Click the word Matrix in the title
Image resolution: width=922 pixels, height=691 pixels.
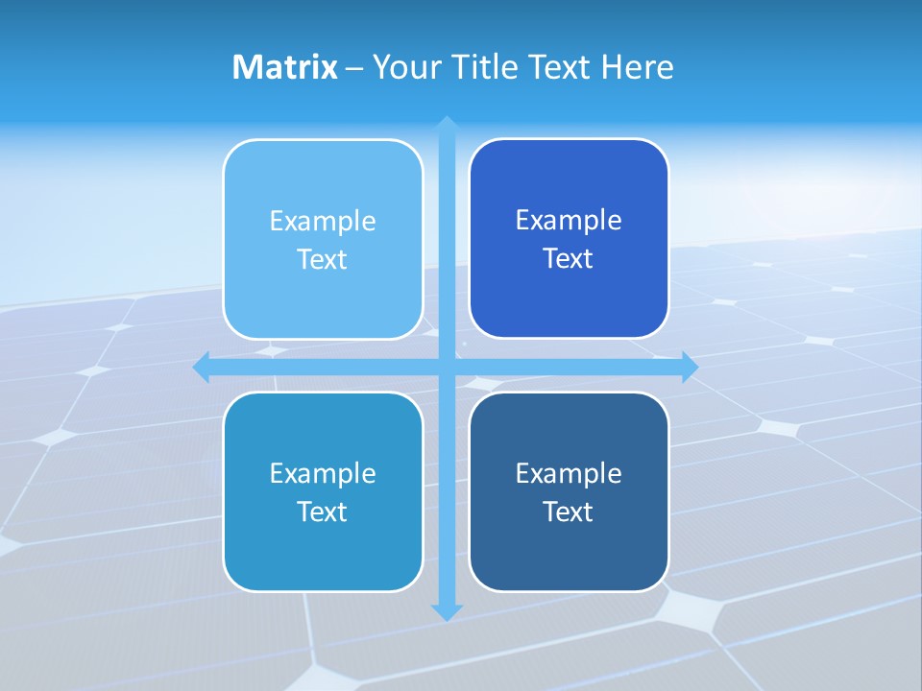coord(284,67)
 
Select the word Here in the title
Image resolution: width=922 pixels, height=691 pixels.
coord(638,67)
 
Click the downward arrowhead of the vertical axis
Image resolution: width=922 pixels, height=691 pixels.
coord(447,611)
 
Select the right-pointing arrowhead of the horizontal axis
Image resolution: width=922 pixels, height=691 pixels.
coord(689,367)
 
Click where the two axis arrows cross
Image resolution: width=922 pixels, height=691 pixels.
coord(447,367)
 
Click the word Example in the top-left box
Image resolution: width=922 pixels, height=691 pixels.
coord(323,221)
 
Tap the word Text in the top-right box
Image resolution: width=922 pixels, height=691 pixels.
coord(569,258)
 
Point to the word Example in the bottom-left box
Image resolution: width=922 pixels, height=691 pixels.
coord(323,473)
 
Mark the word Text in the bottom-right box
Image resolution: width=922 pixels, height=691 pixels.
coord(569,512)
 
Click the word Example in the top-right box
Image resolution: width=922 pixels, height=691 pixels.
coord(569,220)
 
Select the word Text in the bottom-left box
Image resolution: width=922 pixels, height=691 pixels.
coord(323,512)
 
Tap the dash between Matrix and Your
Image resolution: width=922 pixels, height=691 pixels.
coord(354,68)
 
